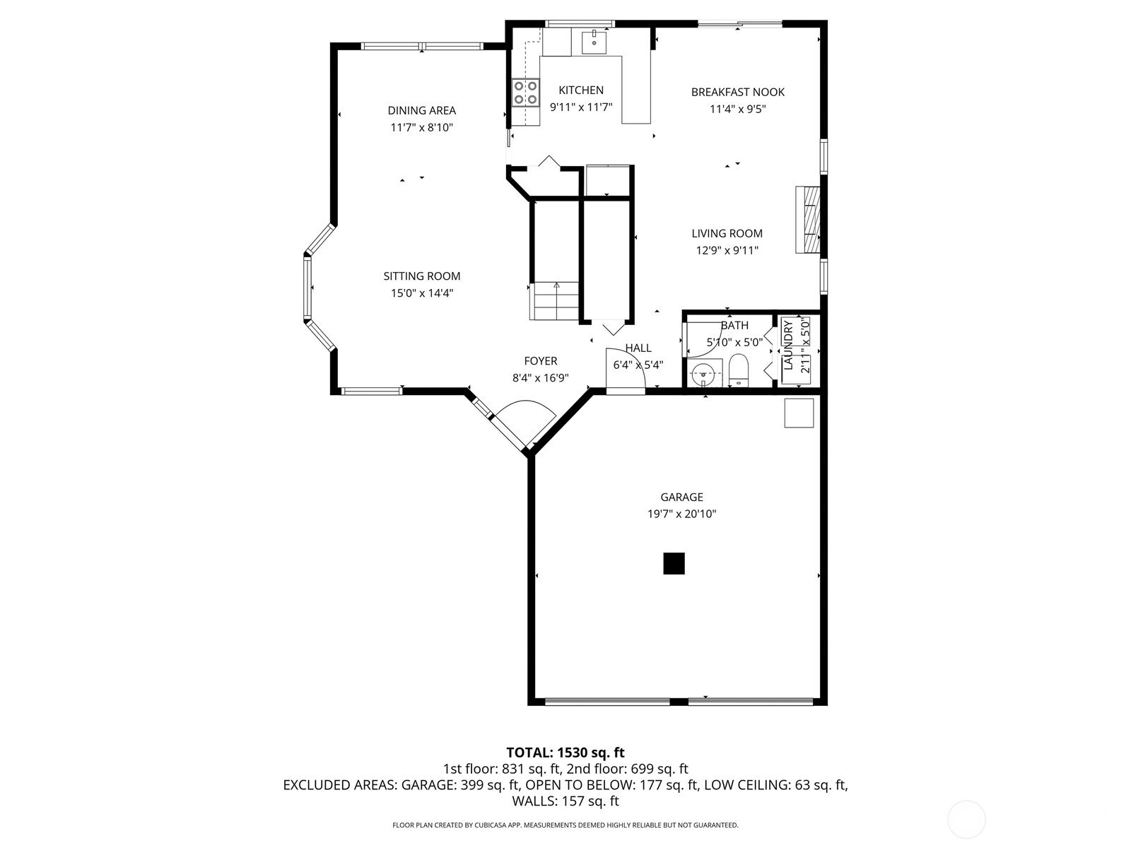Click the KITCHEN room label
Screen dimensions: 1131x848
[581, 90]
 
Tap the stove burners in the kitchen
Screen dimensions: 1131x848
[526, 93]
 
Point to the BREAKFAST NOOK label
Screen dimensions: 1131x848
[737, 92]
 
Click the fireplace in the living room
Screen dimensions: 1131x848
[808, 219]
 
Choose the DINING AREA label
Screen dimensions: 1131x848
[421, 110]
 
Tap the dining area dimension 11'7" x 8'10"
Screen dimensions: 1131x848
[421, 127]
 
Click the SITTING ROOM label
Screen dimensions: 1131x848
[421, 276]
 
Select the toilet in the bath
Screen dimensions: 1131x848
[739, 370]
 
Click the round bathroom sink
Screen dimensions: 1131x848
[703, 375]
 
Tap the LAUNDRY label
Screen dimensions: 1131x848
[787, 345]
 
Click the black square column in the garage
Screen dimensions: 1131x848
[674, 563]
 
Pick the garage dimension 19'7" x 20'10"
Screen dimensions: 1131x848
[681, 514]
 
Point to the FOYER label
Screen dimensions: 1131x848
[541, 361]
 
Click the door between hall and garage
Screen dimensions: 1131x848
[625, 371]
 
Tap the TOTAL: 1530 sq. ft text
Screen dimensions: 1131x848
[565, 753]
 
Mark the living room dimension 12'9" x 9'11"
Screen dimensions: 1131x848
[727, 251]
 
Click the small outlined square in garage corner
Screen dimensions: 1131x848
[799, 413]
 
